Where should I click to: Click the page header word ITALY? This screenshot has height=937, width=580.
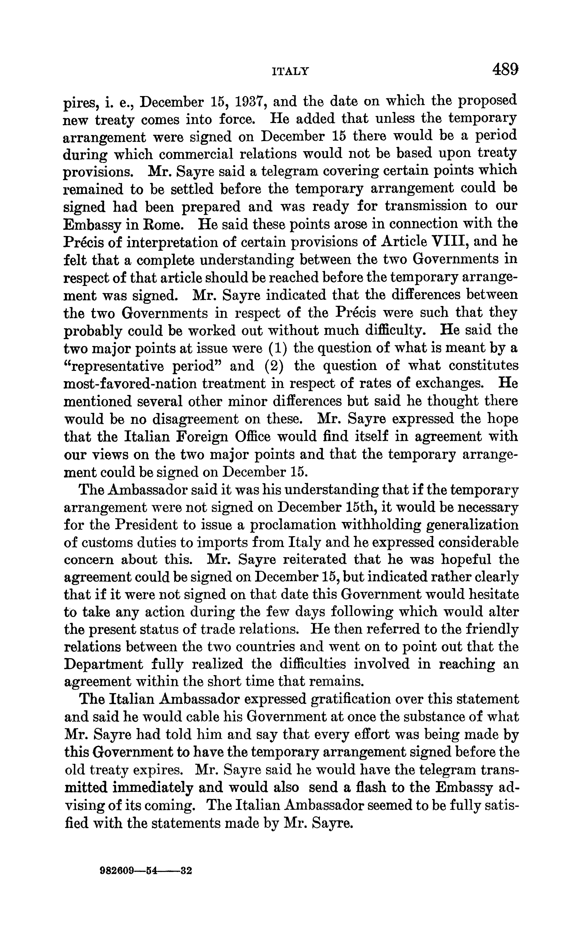tap(290, 71)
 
